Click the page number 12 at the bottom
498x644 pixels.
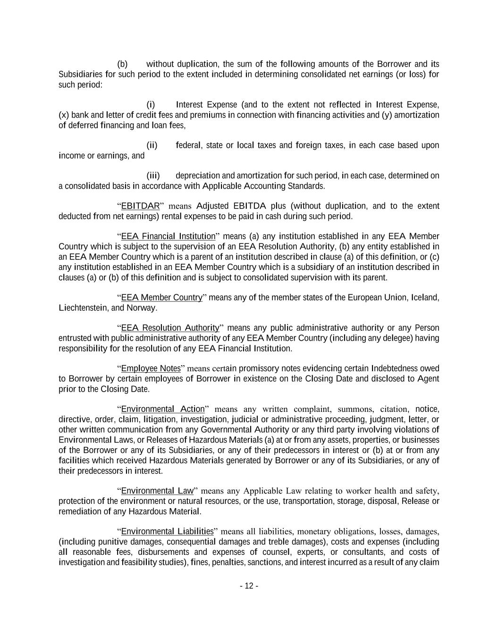pyautogui.click(x=249, y=586)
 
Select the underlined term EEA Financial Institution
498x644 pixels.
pyautogui.click(x=168, y=236)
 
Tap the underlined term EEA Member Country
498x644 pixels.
pyautogui.click(x=161, y=298)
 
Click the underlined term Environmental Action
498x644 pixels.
pyautogui.click(x=163, y=409)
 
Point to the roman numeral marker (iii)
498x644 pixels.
pyautogui.click(x=153, y=176)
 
